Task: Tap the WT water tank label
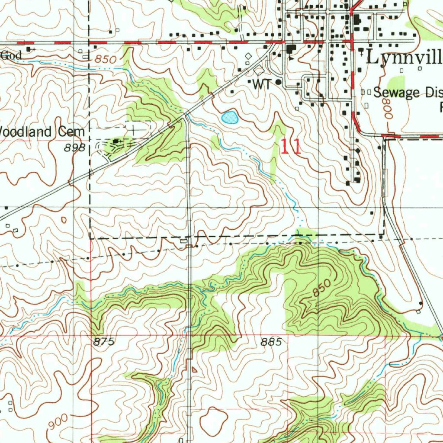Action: pyautogui.click(x=261, y=85)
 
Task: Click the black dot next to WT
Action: pyautogui.click(x=278, y=81)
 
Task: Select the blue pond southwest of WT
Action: pyautogui.click(x=229, y=117)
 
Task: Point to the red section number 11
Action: pyautogui.click(x=291, y=147)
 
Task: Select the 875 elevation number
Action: pyautogui.click(x=104, y=342)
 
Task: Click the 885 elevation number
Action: pyautogui.click(x=272, y=342)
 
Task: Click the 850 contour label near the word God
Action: pyautogui.click(x=106, y=59)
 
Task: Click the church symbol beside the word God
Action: pyautogui.click(x=29, y=49)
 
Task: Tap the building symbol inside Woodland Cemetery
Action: pyautogui.click(x=117, y=141)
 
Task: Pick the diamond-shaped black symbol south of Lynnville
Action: pyautogui.click(x=357, y=151)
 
